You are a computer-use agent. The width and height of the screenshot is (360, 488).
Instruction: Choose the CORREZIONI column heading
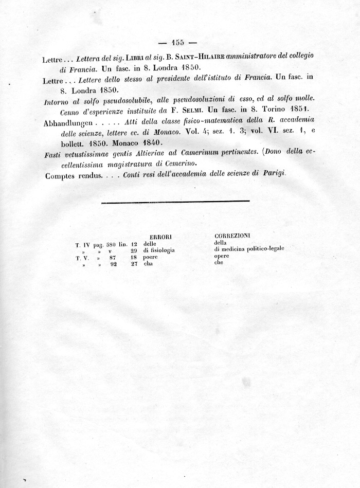(232, 235)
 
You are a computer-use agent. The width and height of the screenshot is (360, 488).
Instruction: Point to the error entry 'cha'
(149, 264)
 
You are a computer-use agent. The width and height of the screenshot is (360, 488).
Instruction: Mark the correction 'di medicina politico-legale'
(249, 249)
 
